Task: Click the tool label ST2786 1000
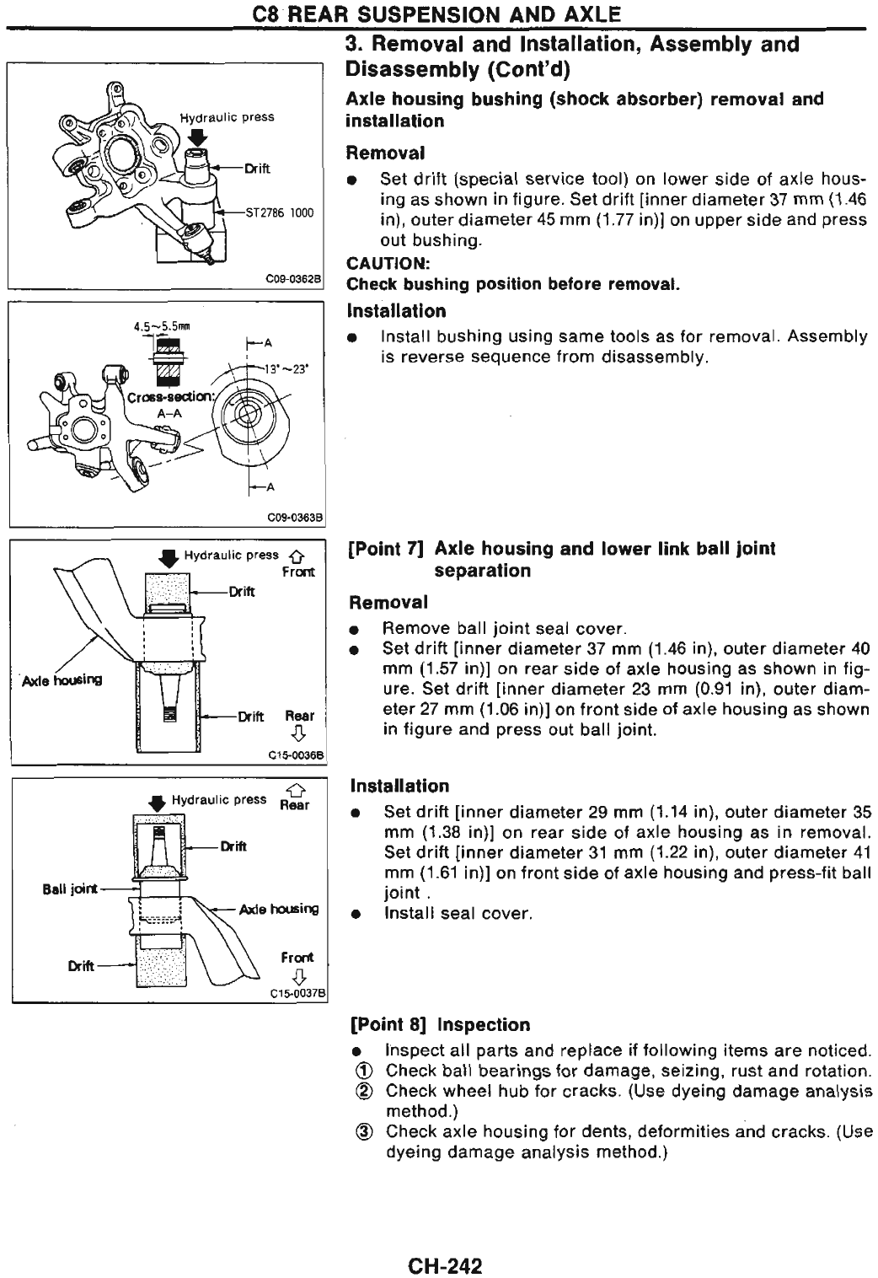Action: pyautogui.click(x=279, y=212)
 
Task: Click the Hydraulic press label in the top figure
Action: pyautogui.click(x=227, y=117)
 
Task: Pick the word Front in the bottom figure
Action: pyautogui.click(x=297, y=958)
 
